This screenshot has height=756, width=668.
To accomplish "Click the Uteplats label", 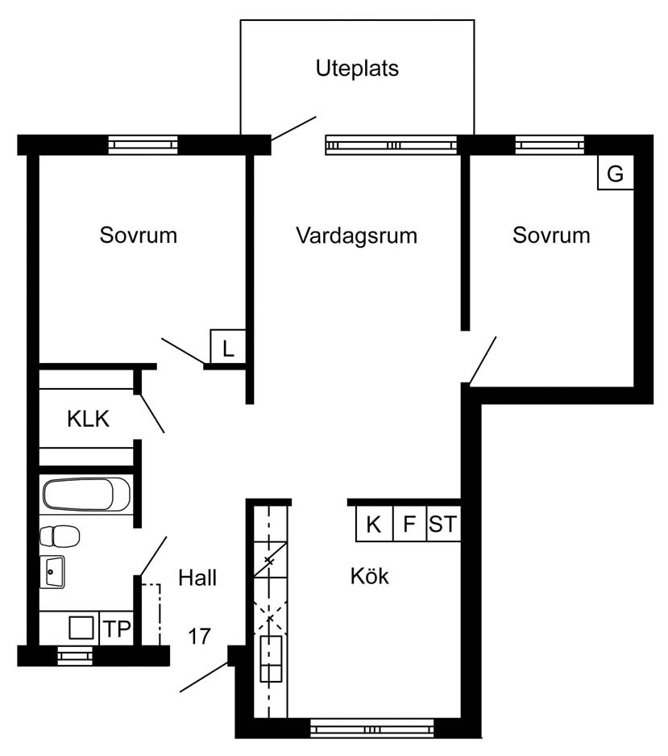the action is pos(357,69).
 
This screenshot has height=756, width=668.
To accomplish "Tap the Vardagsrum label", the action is pos(356,236).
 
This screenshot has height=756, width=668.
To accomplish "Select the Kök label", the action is pos(369,576).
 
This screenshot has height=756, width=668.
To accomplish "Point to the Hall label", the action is pos(197,578).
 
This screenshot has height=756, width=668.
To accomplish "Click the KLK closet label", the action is pos(88,419).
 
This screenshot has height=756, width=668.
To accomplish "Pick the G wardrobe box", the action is pos(615,172).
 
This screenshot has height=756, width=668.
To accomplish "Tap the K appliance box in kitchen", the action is pos(374,524).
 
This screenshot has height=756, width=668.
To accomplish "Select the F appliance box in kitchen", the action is pos(410,524).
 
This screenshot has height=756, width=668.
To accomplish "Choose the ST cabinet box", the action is pos(443,524).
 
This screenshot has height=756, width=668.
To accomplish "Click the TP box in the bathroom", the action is pos(116,629).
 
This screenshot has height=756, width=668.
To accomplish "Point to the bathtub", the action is pos(87,495).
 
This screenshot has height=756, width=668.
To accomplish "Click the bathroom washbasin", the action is pos(52,572).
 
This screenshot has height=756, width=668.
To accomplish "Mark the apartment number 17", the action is pos(199,637).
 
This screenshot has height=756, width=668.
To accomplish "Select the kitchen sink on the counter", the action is pos(271,658).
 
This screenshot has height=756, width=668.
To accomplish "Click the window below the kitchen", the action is pos(371,728).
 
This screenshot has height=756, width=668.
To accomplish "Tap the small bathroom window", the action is pos(75,656).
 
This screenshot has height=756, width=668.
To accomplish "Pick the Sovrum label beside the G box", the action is pos(551,236).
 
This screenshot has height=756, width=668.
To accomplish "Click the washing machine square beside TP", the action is pos(81,628).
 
